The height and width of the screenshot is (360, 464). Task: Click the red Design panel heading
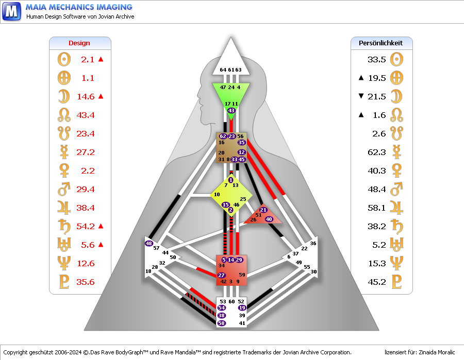click(79, 43)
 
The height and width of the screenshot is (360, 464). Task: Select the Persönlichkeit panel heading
click(380, 43)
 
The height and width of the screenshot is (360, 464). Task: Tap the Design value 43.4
click(85, 115)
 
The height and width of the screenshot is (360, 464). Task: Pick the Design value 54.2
click(85, 227)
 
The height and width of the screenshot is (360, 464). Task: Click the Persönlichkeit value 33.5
click(377, 60)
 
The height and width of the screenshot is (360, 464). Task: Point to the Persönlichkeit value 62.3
click(377, 152)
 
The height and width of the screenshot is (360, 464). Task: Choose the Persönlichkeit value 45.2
click(377, 282)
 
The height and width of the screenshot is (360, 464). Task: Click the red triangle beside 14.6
click(101, 96)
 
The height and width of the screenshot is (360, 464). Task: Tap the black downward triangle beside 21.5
click(361, 96)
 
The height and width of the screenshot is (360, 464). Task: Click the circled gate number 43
click(231, 111)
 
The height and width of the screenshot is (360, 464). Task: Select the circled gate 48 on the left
click(149, 243)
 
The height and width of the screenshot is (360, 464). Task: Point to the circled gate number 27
click(222, 276)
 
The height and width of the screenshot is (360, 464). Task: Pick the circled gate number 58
click(222, 323)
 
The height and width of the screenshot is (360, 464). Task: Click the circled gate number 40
click(269, 219)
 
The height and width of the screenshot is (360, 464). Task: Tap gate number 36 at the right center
click(313, 243)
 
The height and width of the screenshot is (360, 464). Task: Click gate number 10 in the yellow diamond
click(217, 195)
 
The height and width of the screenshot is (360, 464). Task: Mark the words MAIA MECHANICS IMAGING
click(79, 7)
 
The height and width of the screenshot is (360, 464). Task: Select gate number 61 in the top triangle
click(230, 70)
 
